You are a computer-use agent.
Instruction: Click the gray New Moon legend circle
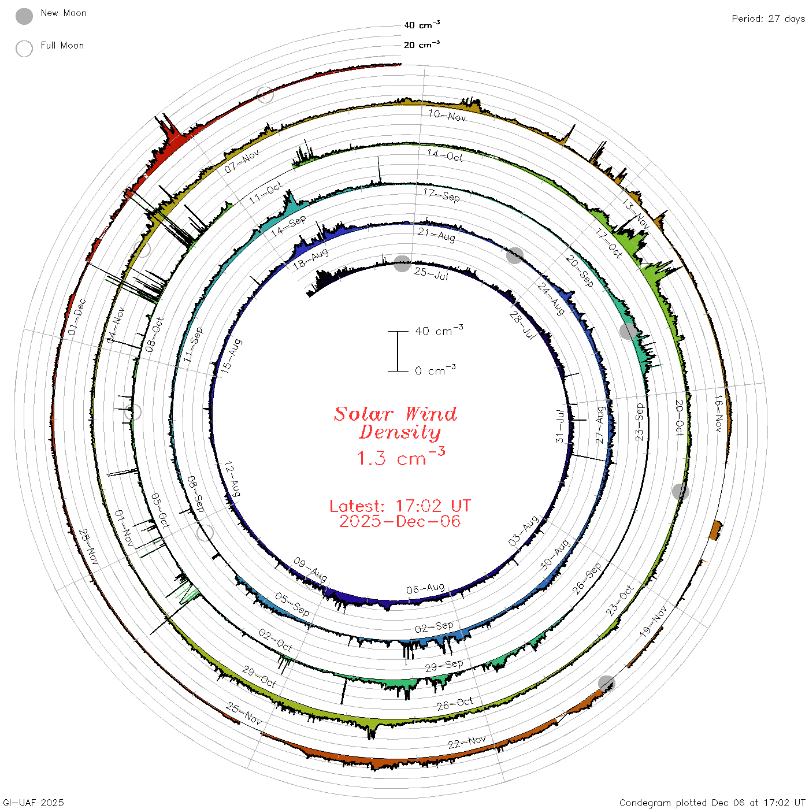click(24, 16)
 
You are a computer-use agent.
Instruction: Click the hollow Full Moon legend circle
click(24, 49)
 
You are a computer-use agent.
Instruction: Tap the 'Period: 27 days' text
click(768, 19)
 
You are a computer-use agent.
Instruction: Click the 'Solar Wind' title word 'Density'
click(400, 432)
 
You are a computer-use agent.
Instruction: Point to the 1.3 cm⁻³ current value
click(401, 457)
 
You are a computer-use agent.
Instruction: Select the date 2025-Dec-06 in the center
click(400, 521)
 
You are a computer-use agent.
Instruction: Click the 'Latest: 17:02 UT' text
click(400, 506)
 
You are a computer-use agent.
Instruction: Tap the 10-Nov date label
click(447, 116)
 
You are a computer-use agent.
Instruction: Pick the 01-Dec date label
click(77, 317)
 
